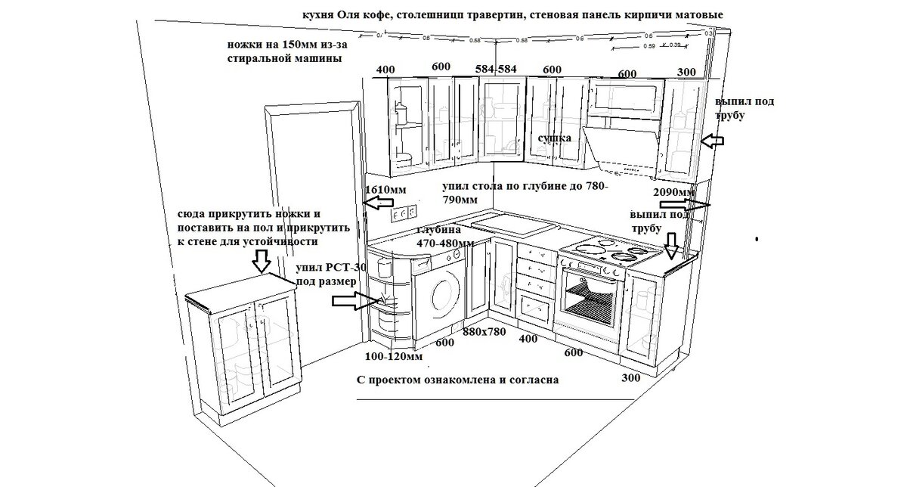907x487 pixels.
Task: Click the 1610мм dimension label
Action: click(385, 189)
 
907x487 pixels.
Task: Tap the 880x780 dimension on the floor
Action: click(484, 331)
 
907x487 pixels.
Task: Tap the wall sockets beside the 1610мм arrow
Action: click(404, 212)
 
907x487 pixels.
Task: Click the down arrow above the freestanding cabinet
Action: click(261, 262)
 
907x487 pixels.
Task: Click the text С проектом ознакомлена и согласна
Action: click(457, 380)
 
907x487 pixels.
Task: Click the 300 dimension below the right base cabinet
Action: click(630, 377)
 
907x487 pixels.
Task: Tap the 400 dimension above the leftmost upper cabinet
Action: click(385, 70)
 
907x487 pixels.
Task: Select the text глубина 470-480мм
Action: click(445, 237)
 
